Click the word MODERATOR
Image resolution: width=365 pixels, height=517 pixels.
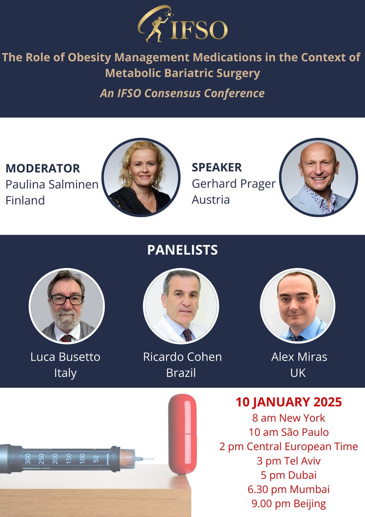tap(43, 168)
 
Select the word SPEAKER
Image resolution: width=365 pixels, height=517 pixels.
tap(217, 167)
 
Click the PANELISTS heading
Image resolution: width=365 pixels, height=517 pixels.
tap(182, 250)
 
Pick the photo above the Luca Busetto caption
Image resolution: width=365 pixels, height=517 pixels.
tap(66, 306)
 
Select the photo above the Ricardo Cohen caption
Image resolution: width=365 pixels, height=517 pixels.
tap(181, 306)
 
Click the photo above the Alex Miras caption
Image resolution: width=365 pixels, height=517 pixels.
tap(297, 306)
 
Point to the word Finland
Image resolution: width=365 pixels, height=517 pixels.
tap(25, 200)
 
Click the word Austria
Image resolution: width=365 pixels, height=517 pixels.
tap(211, 199)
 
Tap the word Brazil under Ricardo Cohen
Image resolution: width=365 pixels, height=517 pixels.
tap(181, 373)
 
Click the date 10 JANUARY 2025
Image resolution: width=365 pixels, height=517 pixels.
tap(288, 402)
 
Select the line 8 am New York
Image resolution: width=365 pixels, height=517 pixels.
tap(288, 417)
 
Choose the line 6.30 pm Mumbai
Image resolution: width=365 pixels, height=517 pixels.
tap(288, 489)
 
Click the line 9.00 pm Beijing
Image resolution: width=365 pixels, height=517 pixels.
tap(288, 504)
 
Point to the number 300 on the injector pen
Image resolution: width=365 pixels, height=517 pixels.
tap(28, 458)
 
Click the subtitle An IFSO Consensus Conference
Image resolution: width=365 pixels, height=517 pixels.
tap(182, 93)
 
